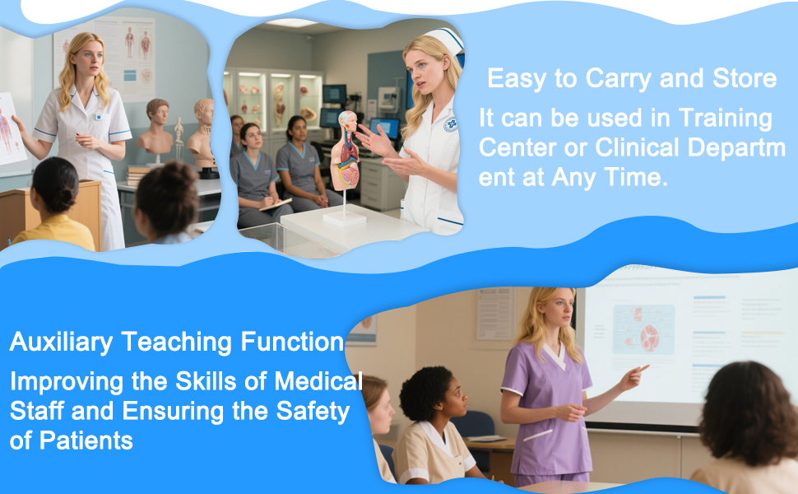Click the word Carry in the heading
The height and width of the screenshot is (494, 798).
[617, 78]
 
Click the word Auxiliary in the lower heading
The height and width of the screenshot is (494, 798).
[61, 343]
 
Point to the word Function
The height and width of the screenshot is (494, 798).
[292, 341]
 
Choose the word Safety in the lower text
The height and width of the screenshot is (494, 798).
[313, 412]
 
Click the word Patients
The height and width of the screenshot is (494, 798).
[86, 440]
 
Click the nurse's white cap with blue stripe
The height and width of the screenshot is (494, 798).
[446, 40]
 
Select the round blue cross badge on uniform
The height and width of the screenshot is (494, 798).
[450, 125]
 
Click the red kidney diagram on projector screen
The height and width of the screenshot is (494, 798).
[649, 338]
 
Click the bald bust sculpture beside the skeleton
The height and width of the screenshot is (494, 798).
[203, 128]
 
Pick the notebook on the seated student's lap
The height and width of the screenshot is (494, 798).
[276, 205]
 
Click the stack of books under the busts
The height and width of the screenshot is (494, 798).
[137, 175]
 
